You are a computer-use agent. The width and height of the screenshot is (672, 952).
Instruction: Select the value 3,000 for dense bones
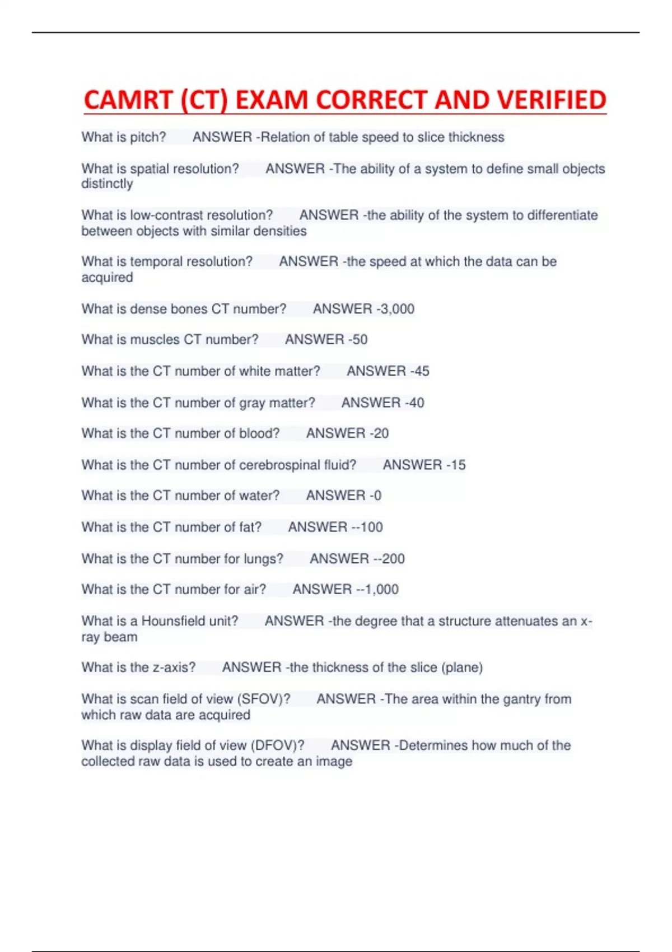click(397, 309)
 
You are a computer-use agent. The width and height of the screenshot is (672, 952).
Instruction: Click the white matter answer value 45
click(422, 371)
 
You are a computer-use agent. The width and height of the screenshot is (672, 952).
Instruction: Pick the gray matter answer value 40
click(416, 403)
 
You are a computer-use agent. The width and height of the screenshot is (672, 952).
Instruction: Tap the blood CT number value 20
click(381, 433)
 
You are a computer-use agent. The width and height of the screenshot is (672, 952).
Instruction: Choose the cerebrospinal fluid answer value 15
click(458, 465)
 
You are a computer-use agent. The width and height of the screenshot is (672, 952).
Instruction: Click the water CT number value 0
click(377, 496)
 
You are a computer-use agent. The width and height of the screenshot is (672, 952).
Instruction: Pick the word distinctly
click(107, 184)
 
